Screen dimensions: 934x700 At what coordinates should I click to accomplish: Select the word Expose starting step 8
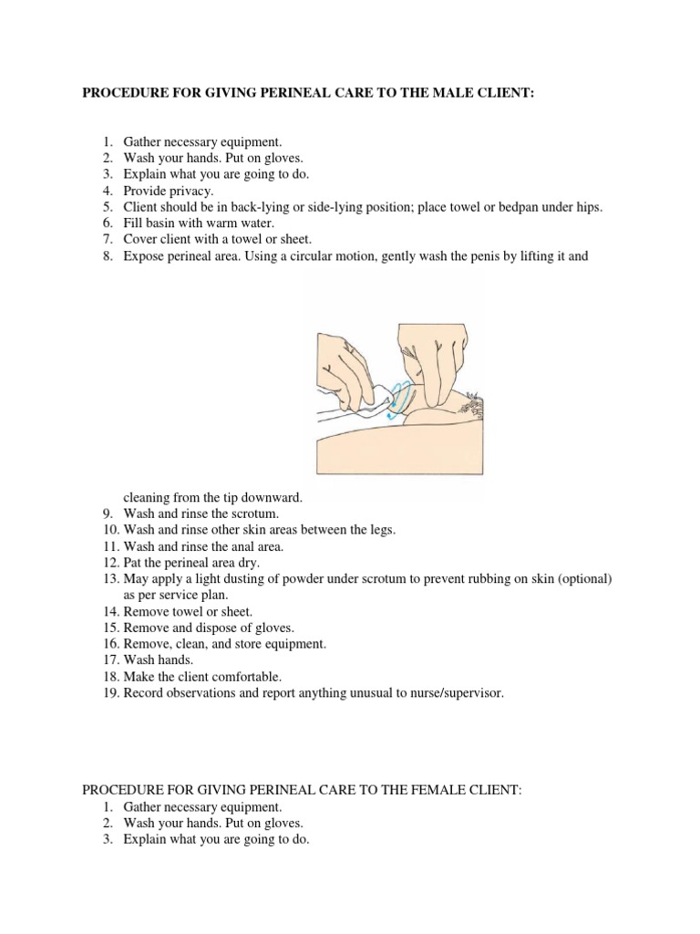click(144, 256)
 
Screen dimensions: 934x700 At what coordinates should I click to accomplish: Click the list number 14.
click(110, 612)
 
